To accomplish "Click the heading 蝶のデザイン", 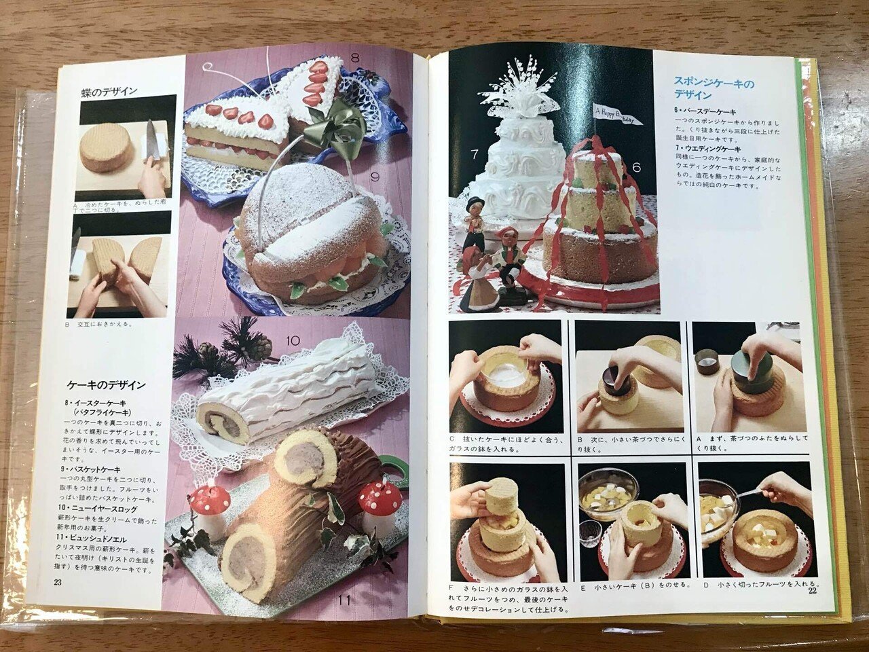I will coord(109,91).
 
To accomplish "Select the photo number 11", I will coord(344,599).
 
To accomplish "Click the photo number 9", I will coord(374,177).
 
